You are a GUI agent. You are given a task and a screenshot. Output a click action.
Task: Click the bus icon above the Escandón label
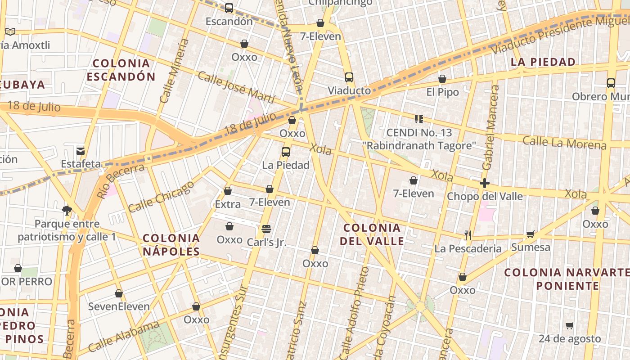(x=229, y=8)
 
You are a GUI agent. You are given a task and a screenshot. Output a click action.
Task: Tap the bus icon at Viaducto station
(x=349, y=77)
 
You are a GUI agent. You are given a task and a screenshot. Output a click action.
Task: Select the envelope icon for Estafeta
(x=81, y=151)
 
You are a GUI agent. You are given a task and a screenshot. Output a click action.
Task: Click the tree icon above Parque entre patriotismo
(x=67, y=210)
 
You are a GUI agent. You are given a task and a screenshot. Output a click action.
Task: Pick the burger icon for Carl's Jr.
(x=266, y=229)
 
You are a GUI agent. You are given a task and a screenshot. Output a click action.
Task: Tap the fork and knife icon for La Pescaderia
(x=468, y=235)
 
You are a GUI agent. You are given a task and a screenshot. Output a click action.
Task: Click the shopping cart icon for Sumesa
(x=531, y=234)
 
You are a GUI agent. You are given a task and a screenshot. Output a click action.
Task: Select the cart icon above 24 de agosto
(x=570, y=325)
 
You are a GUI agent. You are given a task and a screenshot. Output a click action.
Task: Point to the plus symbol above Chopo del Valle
(x=484, y=183)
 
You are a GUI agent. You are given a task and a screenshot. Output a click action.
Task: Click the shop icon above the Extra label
(x=228, y=191)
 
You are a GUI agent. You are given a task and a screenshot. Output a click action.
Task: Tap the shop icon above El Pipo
(x=442, y=79)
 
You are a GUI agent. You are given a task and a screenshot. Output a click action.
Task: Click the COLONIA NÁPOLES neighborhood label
(x=171, y=245)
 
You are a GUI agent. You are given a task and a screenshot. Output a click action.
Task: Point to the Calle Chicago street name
(x=161, y=197)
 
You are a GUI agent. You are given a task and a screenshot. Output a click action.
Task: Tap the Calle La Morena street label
(x=564, y=143)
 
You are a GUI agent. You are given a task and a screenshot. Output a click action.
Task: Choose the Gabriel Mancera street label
(x=490, y=128)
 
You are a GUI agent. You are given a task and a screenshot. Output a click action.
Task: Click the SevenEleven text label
(x=119, y=307)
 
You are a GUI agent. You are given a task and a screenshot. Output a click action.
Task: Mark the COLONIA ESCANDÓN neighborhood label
(x=121, y=70)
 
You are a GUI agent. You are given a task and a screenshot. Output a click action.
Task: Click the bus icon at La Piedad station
(x=286, y=152)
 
